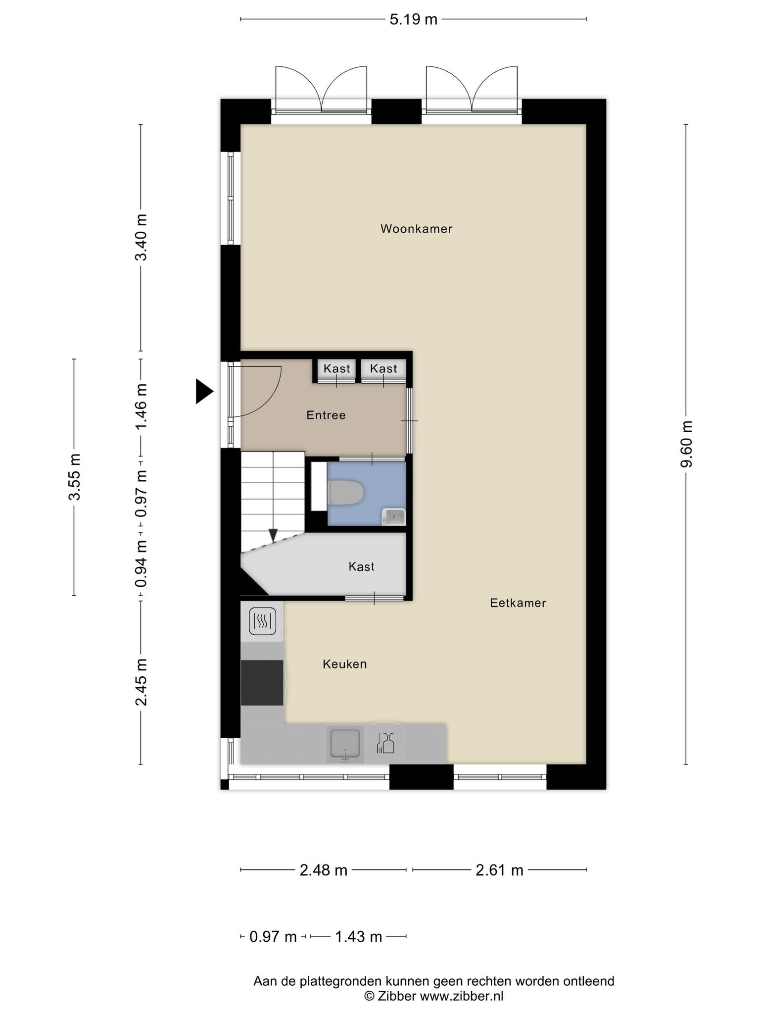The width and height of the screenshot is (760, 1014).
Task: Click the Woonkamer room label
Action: point(416,229)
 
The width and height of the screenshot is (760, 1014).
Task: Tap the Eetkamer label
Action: point(518,603)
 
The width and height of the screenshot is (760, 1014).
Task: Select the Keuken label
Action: point(345,664)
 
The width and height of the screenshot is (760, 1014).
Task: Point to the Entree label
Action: point(326,415)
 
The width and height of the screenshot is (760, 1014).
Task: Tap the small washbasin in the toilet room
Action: point(394,517)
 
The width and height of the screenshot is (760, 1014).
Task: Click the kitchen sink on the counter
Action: point(345,744)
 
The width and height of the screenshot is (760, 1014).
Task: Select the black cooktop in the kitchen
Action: point(262,683)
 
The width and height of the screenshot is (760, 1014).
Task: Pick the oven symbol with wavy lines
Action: point(263,621)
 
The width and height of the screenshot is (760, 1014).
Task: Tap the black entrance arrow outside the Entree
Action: point(204,391)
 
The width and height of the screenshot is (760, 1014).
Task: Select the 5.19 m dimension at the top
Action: point(414,19)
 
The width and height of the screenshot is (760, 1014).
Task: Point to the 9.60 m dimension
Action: point(686,444)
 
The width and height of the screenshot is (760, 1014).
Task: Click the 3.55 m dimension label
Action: point(74,477)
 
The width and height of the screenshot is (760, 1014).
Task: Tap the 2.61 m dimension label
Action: point(500,870)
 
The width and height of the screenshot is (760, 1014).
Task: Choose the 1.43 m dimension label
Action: point(359,937)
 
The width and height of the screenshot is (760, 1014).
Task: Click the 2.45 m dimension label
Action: point(142,682)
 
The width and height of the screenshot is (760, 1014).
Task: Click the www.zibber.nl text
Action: point(462,996)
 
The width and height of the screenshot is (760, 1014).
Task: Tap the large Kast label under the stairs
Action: point(362,566)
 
